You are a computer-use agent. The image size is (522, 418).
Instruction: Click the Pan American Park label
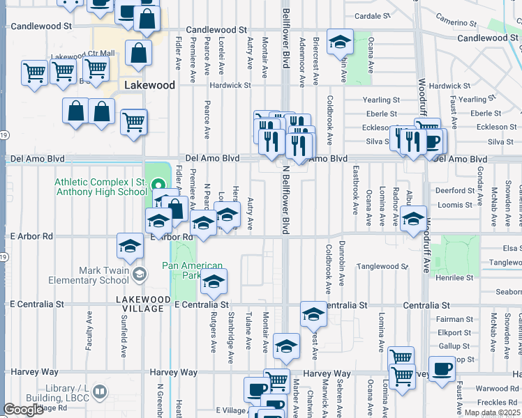click(192, 270)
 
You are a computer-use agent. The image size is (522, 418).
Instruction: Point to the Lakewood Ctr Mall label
click(83, 54)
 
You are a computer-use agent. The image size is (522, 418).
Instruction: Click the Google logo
click(23, 410)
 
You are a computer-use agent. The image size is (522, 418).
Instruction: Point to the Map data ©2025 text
click(492, 412)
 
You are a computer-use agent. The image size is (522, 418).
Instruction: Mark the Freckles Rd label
click(498, 402)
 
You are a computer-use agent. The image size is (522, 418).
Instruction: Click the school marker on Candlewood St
click(340, 43)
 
